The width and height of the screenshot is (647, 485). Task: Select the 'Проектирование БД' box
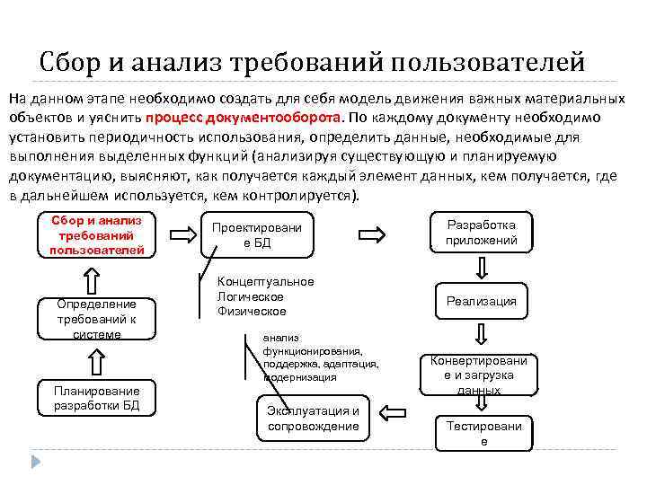point(257,235)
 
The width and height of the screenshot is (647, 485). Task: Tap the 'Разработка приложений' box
point(482,233)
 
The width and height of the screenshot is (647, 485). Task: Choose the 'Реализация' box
point(482,302)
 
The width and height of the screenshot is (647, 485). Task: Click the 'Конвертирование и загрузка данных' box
point(479,374)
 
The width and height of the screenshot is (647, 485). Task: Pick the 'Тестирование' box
point(484,434)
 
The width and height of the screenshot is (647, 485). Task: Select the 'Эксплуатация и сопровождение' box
point(313,419)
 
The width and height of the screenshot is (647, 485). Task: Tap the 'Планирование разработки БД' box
point(96,398)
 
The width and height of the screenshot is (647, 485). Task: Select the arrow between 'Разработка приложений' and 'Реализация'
point(483,268)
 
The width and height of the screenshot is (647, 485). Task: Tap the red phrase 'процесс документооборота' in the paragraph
point(242,118)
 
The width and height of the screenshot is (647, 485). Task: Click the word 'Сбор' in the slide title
point(67,64)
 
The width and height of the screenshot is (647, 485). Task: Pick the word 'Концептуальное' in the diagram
point(266,282)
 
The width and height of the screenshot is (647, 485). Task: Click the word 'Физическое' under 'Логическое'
point(252,312)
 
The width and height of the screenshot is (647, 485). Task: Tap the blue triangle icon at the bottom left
point(37,462)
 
